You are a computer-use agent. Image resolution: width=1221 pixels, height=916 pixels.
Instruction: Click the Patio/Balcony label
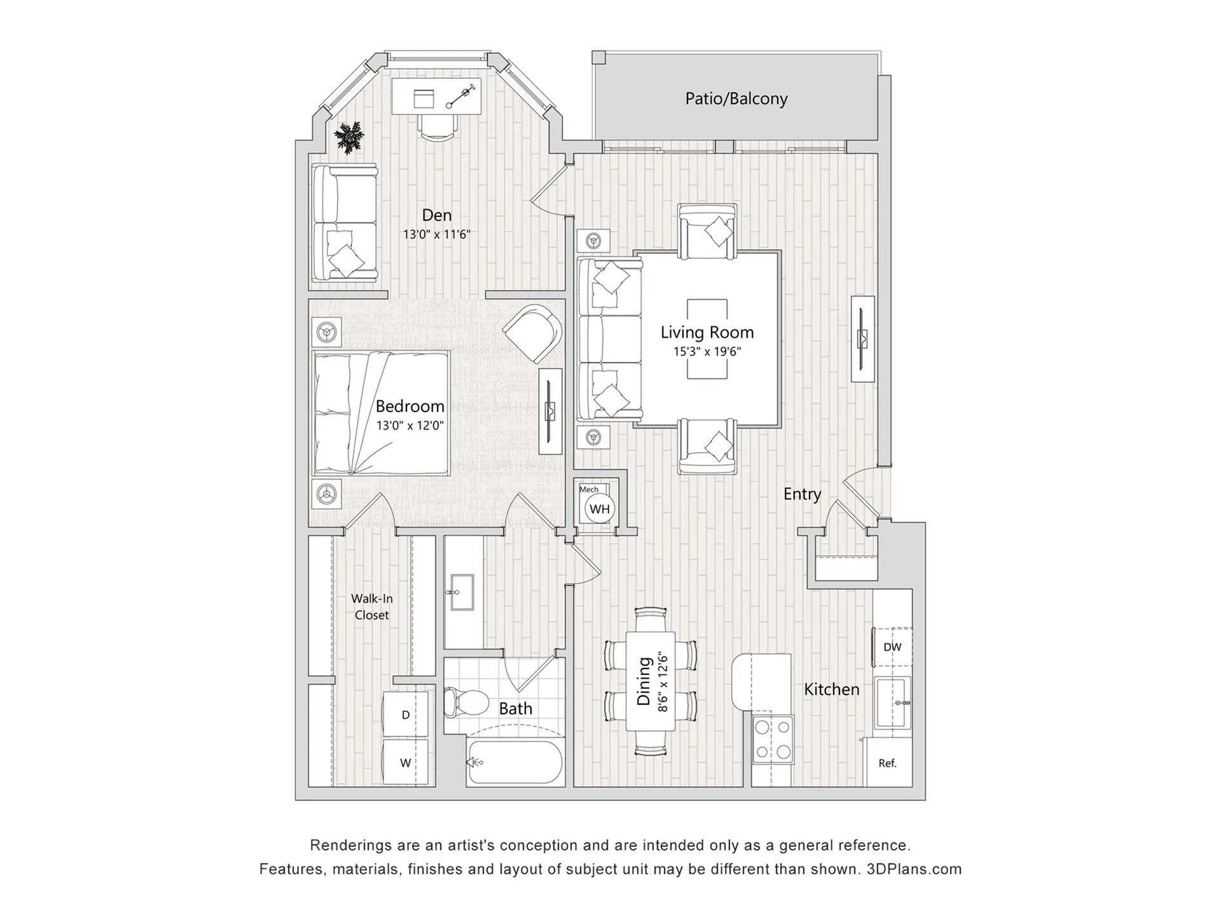pos(736,99)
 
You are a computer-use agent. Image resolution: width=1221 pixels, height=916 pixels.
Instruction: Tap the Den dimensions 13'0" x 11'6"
pos(436,234)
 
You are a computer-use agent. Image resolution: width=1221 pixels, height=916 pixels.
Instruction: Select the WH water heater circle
pos(599,509)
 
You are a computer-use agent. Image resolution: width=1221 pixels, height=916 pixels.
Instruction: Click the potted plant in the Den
pos(348,137)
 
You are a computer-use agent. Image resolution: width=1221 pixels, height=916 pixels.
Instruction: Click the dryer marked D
pos(405,715)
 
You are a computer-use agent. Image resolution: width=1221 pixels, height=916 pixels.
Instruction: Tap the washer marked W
pos(405,763)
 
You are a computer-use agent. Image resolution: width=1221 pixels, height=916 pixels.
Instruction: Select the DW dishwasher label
pos(892,647)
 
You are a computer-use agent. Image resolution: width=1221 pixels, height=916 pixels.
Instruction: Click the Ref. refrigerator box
pos(887,763)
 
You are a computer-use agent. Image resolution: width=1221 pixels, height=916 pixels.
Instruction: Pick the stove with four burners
pos(773,739)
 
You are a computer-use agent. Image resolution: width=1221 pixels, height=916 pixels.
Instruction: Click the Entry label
pos(802,494)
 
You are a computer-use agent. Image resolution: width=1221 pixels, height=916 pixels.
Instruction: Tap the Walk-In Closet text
pos(372,607)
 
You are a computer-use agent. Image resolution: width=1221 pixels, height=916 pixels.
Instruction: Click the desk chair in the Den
pos(438,127)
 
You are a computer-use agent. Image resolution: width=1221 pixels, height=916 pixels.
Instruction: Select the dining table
pos(650,681)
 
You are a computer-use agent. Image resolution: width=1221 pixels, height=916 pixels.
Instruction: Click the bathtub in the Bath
pos(515,762)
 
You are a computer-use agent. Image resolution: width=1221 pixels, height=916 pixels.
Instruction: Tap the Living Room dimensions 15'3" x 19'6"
pos(707,351)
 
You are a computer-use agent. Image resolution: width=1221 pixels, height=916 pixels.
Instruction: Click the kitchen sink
pos(892,702)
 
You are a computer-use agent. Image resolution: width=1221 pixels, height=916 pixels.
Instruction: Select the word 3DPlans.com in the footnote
pos(914,869)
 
